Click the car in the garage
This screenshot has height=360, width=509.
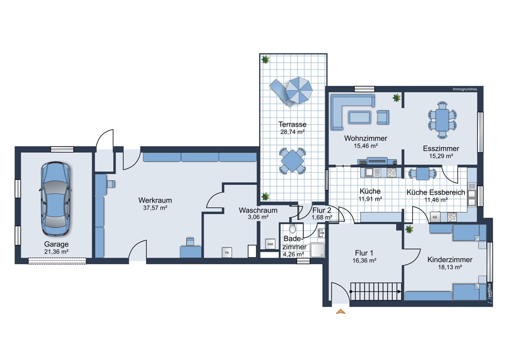[x=56, y=199]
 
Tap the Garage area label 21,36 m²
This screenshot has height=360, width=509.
[x=56, y=252]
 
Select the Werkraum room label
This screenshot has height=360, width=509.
[x=155, y=200]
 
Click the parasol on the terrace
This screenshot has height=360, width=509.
[x=299, y=90]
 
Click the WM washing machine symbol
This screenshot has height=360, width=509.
[x=270, y=244]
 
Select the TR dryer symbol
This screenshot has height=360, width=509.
[x=227, y=253]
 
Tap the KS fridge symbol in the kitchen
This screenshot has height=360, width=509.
[x=435, y=217]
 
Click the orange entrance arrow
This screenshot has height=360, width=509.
[x=341, y=311]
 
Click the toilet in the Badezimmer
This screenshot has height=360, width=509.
[x=292, y=229]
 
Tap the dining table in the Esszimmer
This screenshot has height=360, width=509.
[x=442, y=119]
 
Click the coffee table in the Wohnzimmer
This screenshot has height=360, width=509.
[x=359, y=117]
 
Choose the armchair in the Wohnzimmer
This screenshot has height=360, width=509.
[x=383, y=117]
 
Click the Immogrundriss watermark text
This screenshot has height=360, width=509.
[x=465, y=89]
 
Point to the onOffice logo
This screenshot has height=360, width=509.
[x=489, y=293]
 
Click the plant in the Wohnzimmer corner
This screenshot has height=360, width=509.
[x=397, y=98]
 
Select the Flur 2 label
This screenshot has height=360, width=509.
[x=321, y=210]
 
